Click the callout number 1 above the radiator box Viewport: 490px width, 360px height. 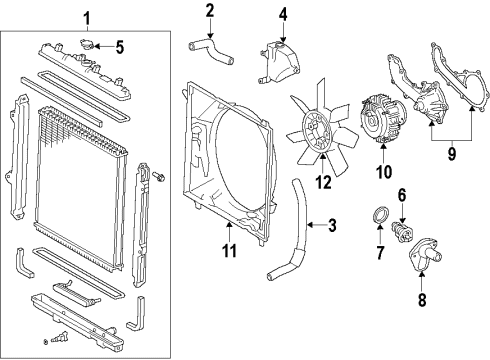coord(86,17)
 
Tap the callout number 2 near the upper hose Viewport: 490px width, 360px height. coord(210,11)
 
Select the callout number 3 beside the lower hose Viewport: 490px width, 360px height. coord(332,226)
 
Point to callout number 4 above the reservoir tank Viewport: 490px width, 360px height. coord(282,14)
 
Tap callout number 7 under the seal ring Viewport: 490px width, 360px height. coord(381,254)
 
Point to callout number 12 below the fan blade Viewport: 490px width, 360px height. coord(322,181)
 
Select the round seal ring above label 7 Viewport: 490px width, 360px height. coord(380,218)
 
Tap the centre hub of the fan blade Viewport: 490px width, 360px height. coord(322,131)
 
